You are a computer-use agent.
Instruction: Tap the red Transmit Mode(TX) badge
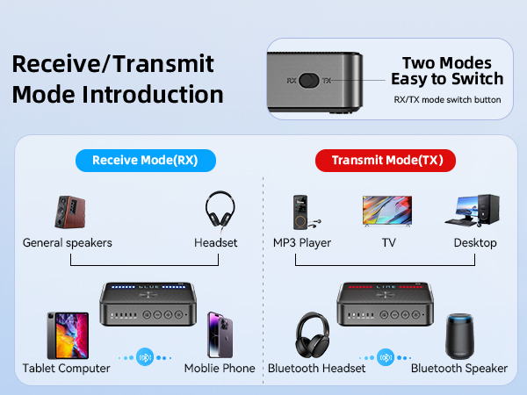coord(386,160)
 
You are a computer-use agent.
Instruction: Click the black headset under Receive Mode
coord(219,212)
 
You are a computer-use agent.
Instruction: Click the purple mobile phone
coord(220,334)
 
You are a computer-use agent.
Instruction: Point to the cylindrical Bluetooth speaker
coord(459,334)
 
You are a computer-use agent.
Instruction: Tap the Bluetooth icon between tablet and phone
coord(147,357)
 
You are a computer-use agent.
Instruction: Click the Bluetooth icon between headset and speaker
coord(386,357)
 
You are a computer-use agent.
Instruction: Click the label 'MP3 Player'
coord(301,242)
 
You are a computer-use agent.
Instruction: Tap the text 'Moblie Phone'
coord(220,368)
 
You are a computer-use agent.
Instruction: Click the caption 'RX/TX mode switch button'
coord(447,99)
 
